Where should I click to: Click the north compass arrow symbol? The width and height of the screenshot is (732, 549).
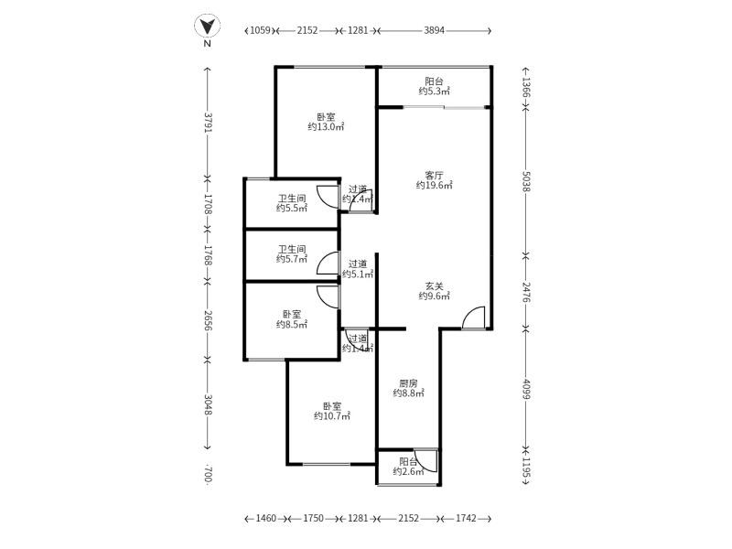208,27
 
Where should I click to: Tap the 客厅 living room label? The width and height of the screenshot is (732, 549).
434,175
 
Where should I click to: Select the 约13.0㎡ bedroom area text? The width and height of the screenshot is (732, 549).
326,127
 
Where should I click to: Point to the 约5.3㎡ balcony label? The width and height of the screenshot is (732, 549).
434,91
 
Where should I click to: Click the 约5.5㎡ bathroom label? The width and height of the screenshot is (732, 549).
292,208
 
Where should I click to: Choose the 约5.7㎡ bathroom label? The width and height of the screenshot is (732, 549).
292,259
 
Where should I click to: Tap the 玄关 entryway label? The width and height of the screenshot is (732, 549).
434,285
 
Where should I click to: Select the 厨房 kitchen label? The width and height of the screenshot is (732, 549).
408,383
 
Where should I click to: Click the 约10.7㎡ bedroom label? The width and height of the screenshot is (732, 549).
331,415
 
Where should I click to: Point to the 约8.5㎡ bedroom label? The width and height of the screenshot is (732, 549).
292,324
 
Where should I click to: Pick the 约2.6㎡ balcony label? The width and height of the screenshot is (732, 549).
408,471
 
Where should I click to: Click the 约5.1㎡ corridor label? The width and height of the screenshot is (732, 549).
357,274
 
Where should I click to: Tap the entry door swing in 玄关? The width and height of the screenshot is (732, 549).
473,318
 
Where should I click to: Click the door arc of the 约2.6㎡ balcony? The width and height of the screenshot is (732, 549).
425,460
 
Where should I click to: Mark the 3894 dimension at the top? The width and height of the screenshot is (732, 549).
434,30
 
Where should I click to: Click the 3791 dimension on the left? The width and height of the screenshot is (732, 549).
208,122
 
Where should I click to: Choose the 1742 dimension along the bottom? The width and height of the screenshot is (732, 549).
466,519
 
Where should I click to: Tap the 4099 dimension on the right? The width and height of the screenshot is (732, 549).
526,390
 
